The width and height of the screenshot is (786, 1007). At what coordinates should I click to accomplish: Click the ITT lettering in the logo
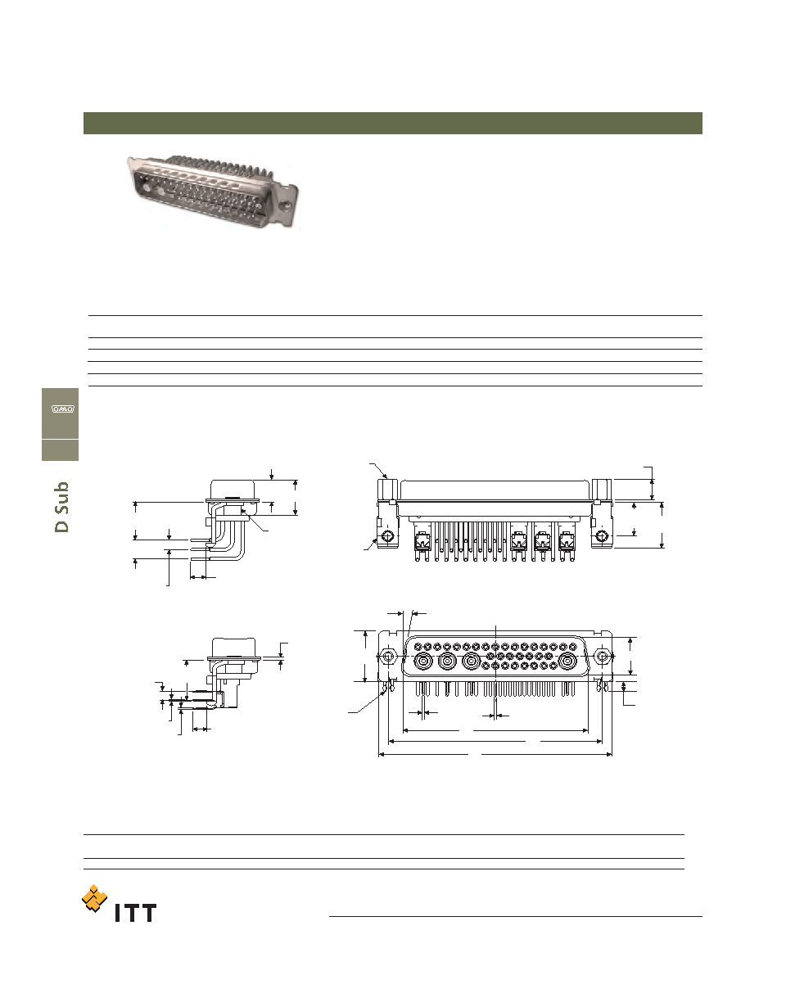point(135,913)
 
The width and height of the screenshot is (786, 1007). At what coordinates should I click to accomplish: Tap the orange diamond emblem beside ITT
point(94,898)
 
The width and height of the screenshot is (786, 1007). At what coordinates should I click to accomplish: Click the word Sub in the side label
point(61,498)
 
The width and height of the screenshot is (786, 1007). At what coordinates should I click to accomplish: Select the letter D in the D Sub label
point(61,526)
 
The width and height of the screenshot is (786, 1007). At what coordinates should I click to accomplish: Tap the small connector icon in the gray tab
point(62,409)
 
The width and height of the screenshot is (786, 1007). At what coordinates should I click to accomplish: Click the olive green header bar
point(392,124)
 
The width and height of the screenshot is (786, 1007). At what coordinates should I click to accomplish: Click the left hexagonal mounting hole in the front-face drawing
point(388,657)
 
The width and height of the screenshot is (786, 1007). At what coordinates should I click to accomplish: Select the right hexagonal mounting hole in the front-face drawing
point(602,657)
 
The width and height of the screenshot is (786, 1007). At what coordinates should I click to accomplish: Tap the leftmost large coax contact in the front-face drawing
point(422,662)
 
